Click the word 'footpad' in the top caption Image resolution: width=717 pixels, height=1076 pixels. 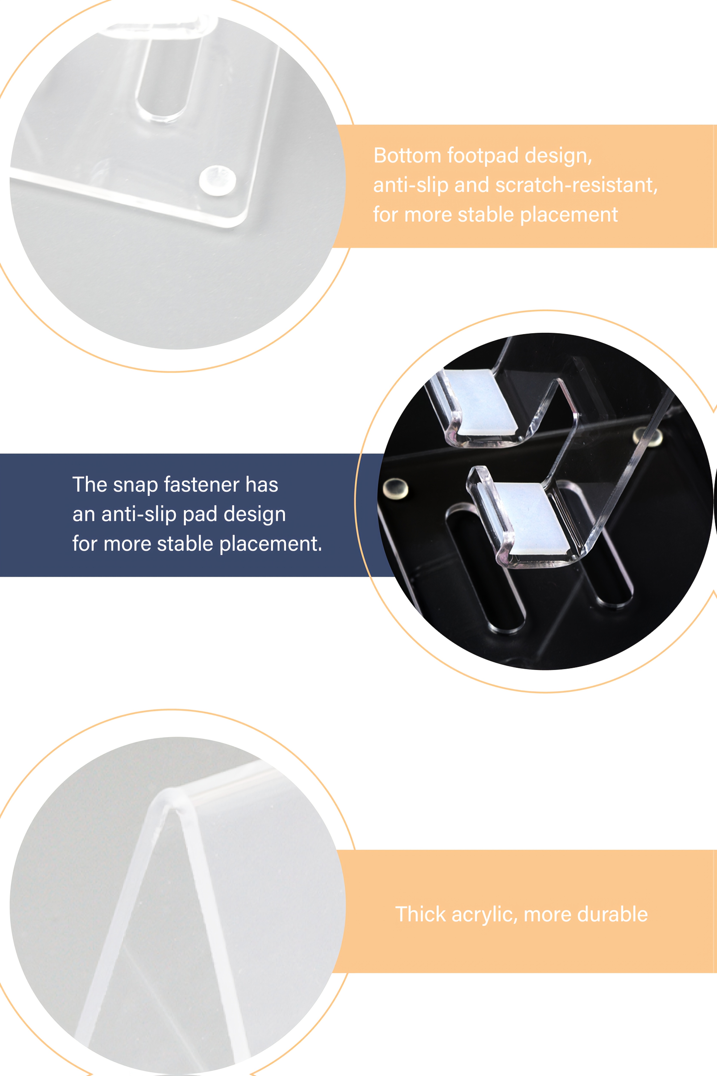tap(484, 156)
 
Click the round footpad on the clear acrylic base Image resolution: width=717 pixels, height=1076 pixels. tap(218, 181)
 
